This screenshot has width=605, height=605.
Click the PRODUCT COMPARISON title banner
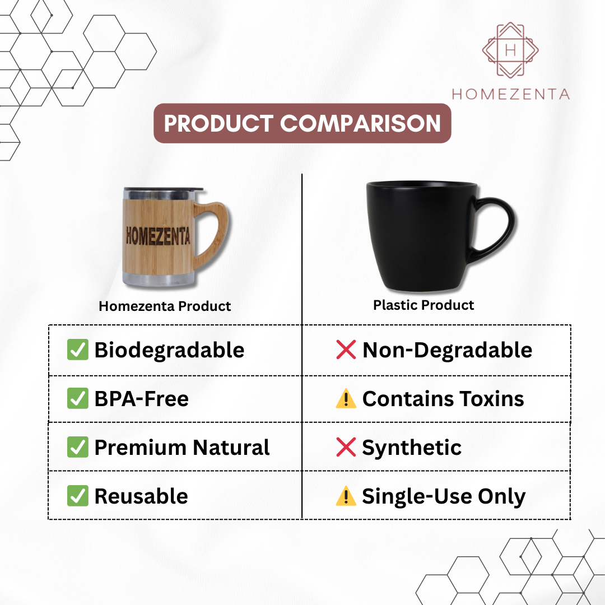coord(302,123)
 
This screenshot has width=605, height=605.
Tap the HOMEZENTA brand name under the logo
coord(511,94)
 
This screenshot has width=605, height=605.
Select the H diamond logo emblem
coord(510,50)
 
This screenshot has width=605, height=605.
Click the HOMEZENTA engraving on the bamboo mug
coord(158,236)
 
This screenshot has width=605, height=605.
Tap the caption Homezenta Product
coord(165,306)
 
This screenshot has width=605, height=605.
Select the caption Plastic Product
coord(424,305)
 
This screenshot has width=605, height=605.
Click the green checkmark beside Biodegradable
coord(77,350)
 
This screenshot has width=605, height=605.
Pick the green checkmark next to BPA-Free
coord(77,398)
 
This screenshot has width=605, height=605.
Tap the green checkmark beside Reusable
coord(77,496)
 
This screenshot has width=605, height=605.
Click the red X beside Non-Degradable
coord(346,350)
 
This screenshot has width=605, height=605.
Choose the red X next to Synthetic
coord(346,447)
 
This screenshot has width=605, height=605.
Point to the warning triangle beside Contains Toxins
coord(346,399)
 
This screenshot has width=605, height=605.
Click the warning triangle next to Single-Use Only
coord(346,496)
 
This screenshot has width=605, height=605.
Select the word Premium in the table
coord(141,448)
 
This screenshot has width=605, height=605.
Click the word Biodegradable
coord(169,350)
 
